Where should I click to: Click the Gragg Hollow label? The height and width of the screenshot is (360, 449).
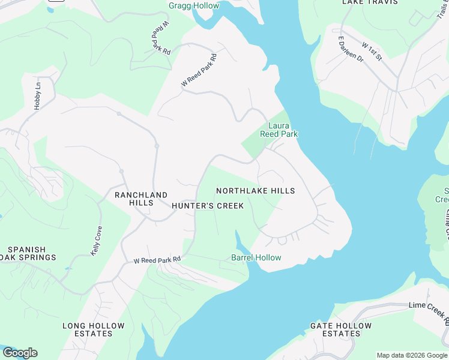(194, 6)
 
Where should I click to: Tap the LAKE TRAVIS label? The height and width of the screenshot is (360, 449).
(370, 2)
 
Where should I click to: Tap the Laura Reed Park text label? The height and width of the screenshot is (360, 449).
(279, 130)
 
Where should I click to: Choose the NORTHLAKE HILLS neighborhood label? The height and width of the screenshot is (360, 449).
(255, 191)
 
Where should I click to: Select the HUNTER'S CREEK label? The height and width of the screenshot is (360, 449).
(208, 206)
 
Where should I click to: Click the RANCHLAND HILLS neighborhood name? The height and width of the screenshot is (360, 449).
(141, 199)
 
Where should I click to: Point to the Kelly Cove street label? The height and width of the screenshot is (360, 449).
(96, 241)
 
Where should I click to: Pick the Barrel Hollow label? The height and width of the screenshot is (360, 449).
(256, 258)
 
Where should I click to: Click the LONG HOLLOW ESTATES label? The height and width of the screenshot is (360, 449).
(94, 329)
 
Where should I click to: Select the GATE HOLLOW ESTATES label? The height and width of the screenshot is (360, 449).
(341, 329)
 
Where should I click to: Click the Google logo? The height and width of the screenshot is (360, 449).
(20, 353)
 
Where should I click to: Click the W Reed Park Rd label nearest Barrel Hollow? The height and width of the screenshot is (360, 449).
(157, 260)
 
